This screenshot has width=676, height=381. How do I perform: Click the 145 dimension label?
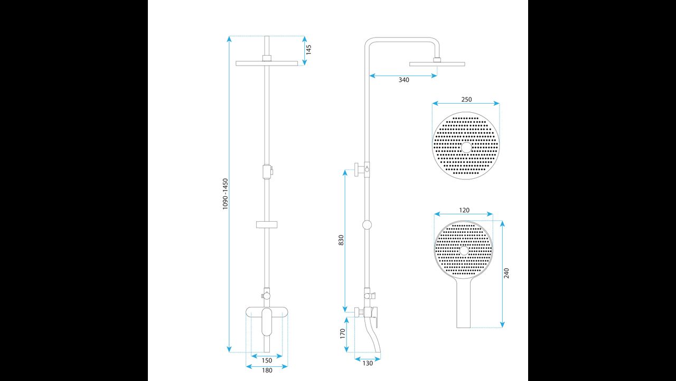pyautogui.click(x=308, y=50)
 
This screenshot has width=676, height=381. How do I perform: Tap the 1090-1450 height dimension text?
pyautogui.click(x=226, y=194)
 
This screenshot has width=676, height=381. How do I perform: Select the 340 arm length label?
pyautogui.click(x=404, y=80)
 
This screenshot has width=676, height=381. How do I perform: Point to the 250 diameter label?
pyautogui.click(x=466, y=99)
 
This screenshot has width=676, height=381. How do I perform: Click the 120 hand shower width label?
pyautogui.click(x=464, y=210)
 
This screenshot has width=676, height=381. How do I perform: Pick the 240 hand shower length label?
pyautogui.click(x=506, y=273)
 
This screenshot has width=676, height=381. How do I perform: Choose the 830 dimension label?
pyautogui.click(x=341, y=240)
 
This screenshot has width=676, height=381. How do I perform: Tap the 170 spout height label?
pyautogui.click(x=342, y=334)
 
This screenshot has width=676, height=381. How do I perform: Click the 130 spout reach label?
pyautogui.click(x=368, y=364)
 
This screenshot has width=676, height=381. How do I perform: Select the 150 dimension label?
pyautogui.click(x=267, y=360)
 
